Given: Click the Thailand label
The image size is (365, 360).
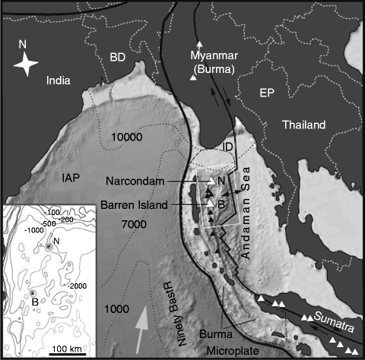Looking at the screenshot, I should click(x=302, y=125).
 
